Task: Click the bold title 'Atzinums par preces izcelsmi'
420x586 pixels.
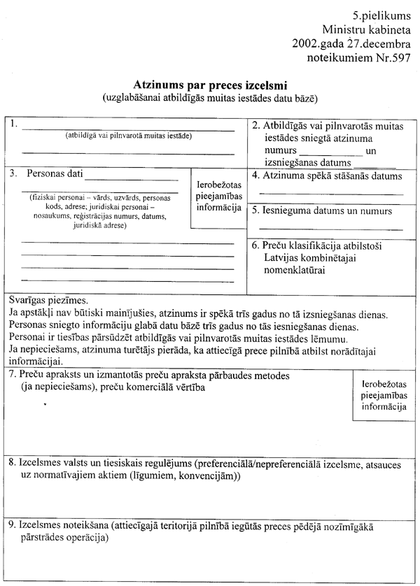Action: (210, 83)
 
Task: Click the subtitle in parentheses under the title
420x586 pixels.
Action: (210, 95)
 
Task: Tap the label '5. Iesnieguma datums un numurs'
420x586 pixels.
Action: (321, 210)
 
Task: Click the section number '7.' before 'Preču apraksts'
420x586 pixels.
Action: (13, 375)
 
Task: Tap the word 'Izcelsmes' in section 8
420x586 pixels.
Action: (42, 463)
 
